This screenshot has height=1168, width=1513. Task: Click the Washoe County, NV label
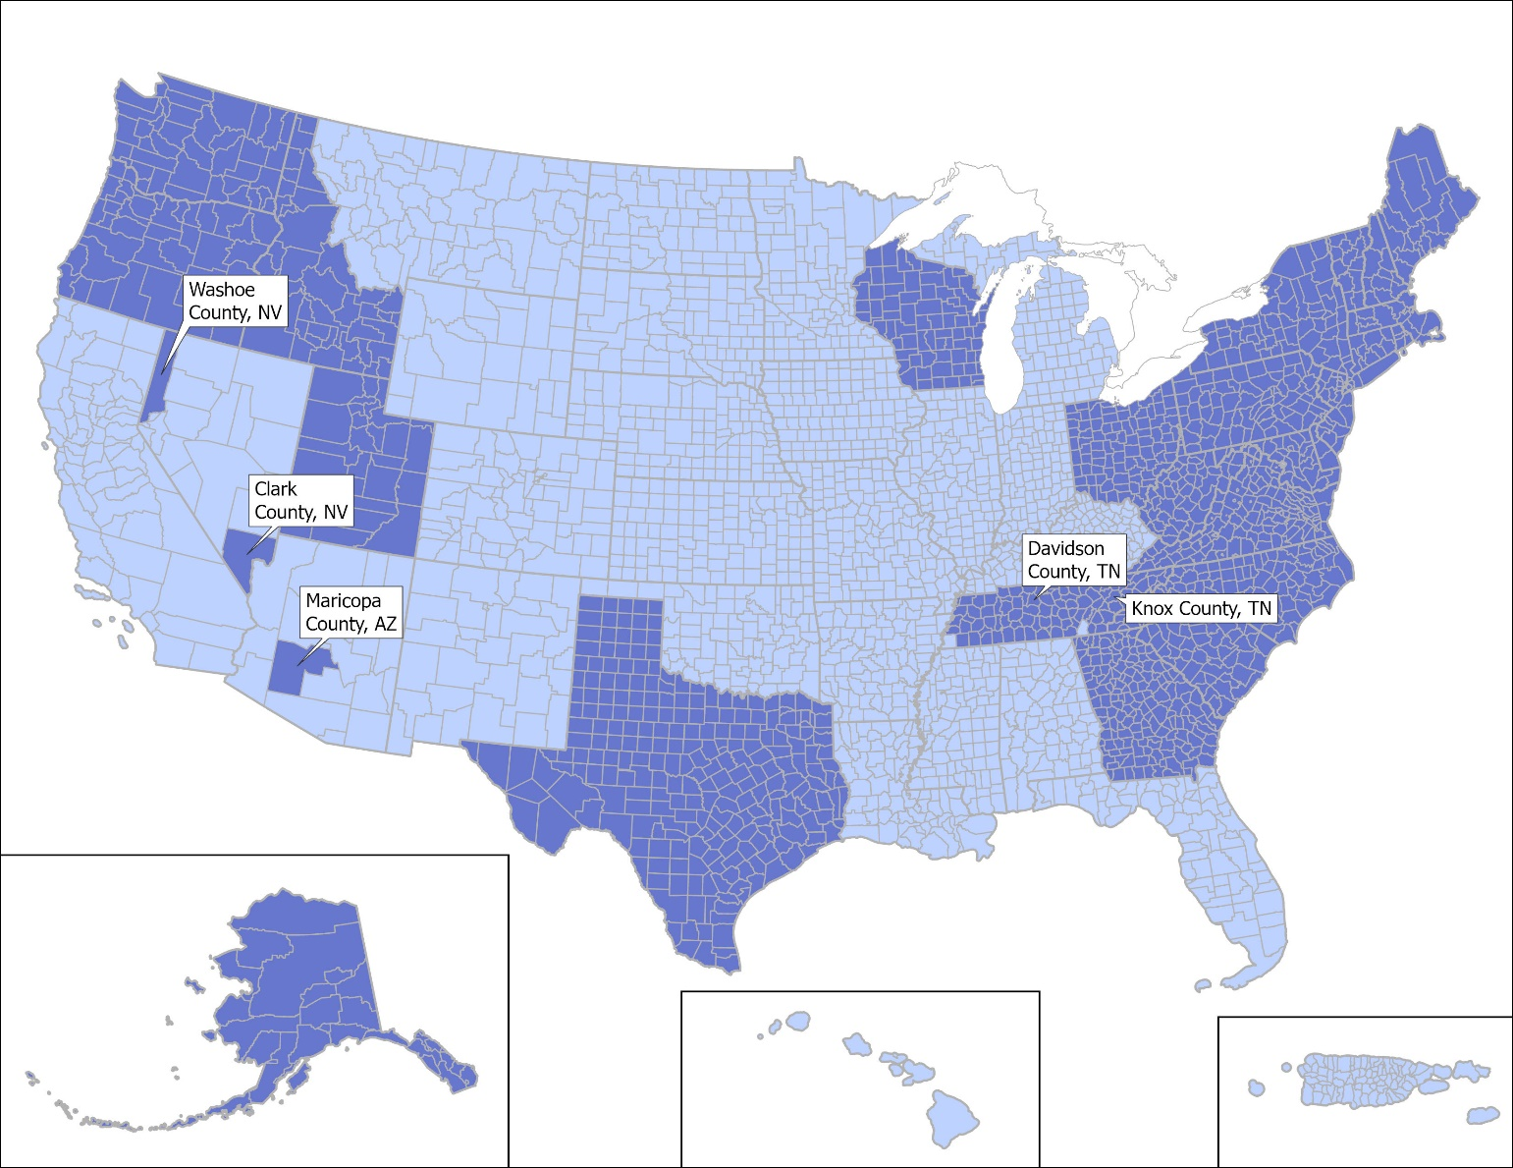click(235, 302)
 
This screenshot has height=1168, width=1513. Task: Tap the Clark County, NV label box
click(300, 501)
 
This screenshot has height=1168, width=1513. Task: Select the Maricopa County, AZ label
click(351, 612)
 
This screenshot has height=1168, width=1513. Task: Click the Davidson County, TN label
click(1073, 560)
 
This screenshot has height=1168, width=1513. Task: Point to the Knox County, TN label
click(1200, 609)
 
